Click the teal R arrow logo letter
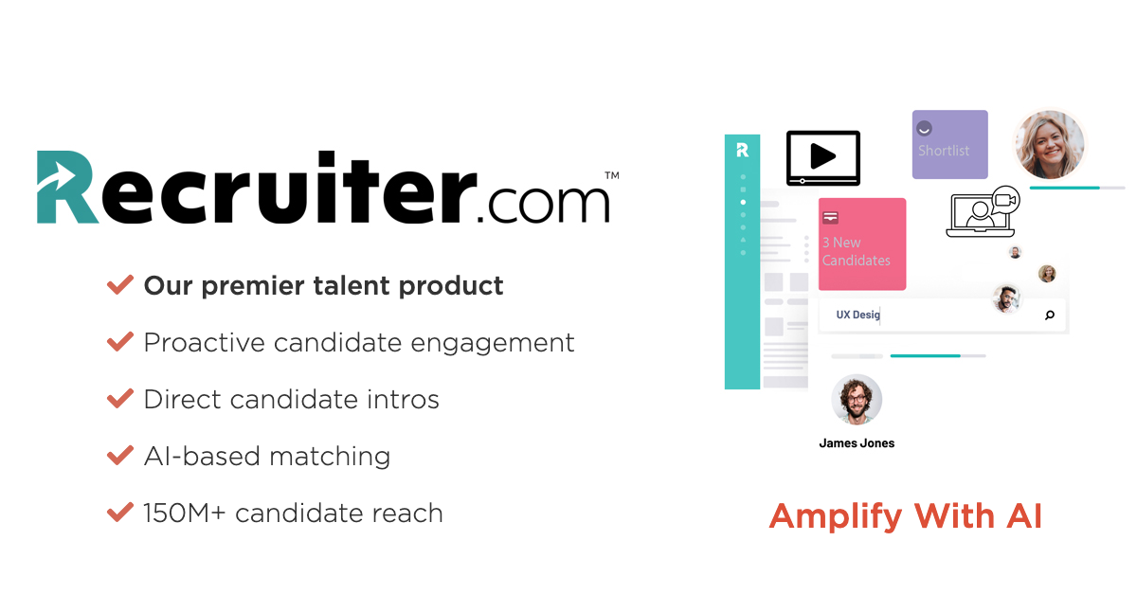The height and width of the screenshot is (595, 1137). (x=66, y=187)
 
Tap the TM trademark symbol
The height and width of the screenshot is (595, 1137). (x=612, y=175)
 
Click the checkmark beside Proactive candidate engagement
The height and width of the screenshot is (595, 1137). (x=120, y=341)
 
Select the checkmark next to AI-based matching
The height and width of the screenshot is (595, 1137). (x=120, y=455)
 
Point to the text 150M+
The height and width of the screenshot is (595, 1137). (x=184, y=513)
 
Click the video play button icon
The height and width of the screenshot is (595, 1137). (x=823, y=158)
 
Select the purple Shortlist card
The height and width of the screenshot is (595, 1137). (x=950, y=145)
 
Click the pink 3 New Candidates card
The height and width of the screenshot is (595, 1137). (x=862, y=244)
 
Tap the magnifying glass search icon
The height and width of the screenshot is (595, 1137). (x=1050, y=316)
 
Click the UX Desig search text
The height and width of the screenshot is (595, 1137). (x=857, y=315)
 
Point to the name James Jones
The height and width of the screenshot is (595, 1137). (x=857, y=443)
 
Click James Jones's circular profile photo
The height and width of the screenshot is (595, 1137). (x=857, y=400)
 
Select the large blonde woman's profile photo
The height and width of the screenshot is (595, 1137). (x=1050, y=145)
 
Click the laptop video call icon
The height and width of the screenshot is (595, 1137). (x=984, y=212)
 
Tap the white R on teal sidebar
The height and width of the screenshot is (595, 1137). (x=742, y=150)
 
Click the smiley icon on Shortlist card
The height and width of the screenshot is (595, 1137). (x=925, y=129)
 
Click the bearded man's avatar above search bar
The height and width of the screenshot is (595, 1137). (x=1006, y=299)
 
